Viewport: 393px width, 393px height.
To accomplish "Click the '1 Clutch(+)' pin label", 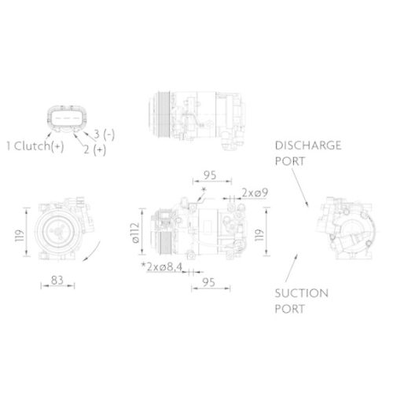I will tap(35, 146).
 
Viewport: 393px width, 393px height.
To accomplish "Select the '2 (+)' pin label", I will tap(94, 149).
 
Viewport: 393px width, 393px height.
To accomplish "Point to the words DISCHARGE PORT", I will tap(307, 153).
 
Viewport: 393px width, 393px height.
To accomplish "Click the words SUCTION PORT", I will tap(301, 301).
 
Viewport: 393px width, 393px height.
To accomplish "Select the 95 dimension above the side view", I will tap(209, 174).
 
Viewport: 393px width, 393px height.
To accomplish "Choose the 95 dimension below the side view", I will tap(209, 281).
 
